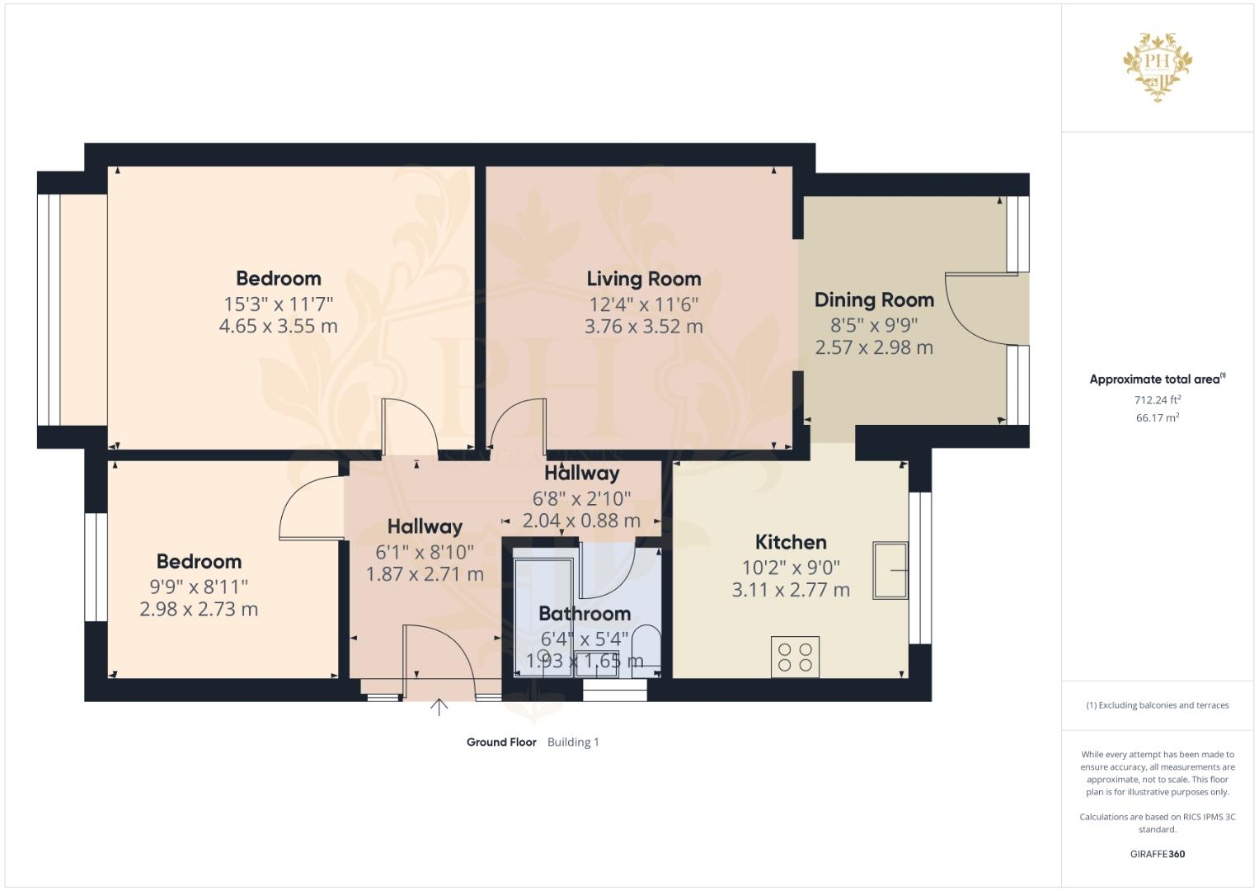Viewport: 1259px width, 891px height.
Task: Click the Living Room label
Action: tap(643, 279)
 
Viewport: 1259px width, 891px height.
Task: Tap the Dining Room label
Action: tap(874, 300)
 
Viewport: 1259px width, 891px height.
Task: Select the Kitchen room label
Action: tap(791, 542)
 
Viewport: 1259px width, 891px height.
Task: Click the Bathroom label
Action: tap(585, 614)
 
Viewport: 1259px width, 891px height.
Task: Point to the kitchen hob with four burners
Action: tap(795, 657)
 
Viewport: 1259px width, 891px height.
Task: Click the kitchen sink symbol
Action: tap(890, 570)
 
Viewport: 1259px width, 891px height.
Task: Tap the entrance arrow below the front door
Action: tap(439, 707)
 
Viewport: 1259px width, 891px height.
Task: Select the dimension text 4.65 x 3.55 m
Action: tap(278, 326)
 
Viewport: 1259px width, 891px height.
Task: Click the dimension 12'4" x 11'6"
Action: tap(643, 304)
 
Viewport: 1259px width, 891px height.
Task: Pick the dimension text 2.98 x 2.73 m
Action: tap(199, 610)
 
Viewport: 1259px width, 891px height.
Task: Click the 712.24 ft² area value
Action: tap(1157, 400)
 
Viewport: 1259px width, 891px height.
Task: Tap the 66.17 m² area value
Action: tap(1157, 418)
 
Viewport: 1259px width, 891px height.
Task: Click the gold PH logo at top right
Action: tap(1158, 65)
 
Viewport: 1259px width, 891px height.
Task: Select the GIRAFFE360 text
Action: tap(1157, 854)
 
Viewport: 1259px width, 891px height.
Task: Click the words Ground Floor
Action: tap(501, 742)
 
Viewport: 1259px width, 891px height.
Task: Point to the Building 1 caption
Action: tap(573, 742)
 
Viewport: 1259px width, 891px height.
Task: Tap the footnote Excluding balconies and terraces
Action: tap(1157, 705)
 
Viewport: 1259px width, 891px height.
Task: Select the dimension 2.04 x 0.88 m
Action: tap(581, 521)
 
